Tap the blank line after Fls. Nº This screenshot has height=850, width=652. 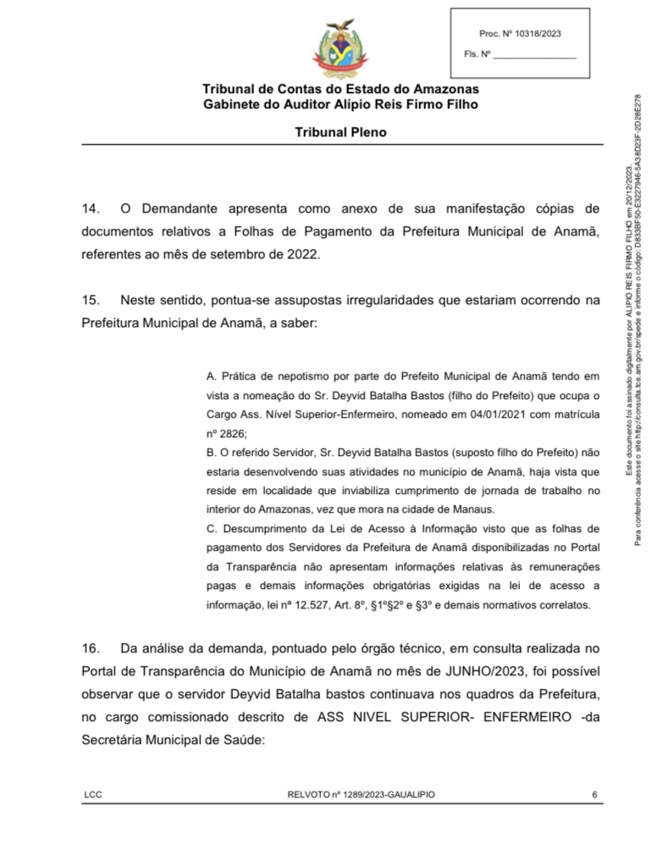tap(534, 55)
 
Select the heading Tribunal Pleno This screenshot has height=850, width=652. tap(340, 132)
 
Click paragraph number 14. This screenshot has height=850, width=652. tap(91, 208)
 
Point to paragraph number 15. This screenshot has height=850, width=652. tap(91, 300)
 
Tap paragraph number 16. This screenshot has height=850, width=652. tap(91, 648)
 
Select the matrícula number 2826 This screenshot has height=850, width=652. tap(233, 432)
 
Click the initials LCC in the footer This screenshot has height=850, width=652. tap(93, 794)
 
